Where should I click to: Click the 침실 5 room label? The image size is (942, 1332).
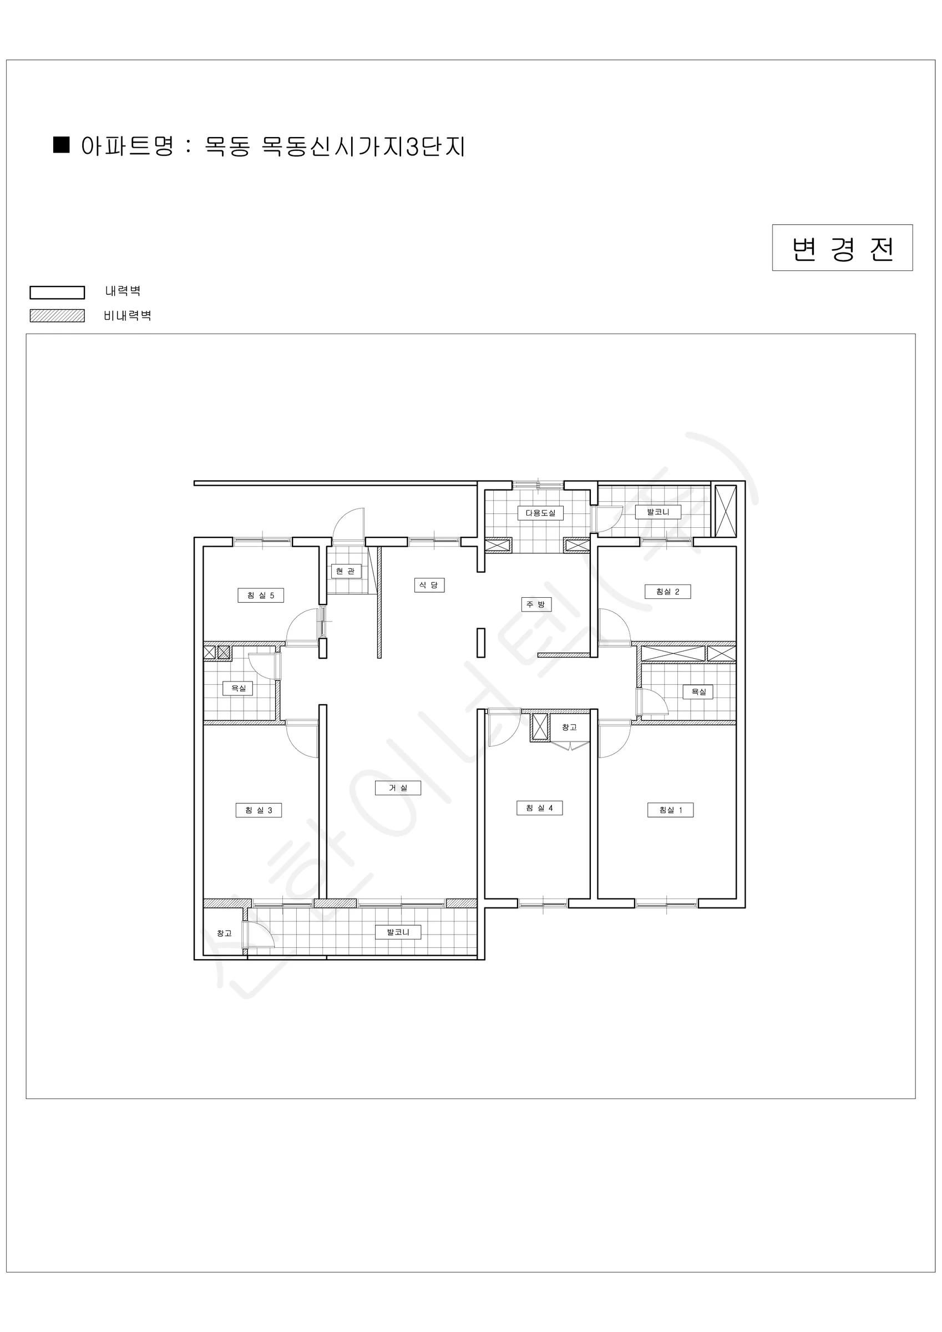260,595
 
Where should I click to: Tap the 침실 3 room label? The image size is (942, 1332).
259,810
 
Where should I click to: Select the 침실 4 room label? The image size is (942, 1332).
539,808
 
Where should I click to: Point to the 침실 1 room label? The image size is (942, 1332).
671,810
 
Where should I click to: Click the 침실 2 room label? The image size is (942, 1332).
667,592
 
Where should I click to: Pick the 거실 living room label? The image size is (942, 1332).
398,788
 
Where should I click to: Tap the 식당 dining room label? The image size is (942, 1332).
429,585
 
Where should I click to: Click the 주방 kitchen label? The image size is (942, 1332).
536,604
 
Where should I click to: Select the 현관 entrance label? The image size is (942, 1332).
346,571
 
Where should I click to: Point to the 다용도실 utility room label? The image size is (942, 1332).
540,513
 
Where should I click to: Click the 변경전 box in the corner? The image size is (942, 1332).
842,248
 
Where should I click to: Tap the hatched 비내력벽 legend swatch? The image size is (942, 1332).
58,316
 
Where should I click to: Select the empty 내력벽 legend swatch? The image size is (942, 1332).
58,292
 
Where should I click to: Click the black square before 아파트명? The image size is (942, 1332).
62,144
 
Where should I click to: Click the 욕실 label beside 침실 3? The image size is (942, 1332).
239,688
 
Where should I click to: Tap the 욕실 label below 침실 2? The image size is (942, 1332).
698,692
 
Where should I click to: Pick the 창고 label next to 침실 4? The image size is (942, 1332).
569,727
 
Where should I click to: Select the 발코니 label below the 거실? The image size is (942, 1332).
398,932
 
